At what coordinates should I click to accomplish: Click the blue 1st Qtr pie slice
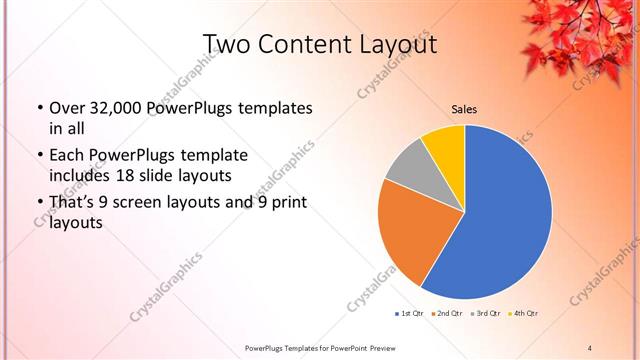(505, 215)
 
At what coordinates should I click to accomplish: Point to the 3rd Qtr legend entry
(487, 313)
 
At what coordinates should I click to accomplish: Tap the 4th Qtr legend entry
(525, 313)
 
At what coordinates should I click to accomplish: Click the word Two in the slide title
(225, 44)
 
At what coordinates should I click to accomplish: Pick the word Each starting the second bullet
(68, 155)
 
